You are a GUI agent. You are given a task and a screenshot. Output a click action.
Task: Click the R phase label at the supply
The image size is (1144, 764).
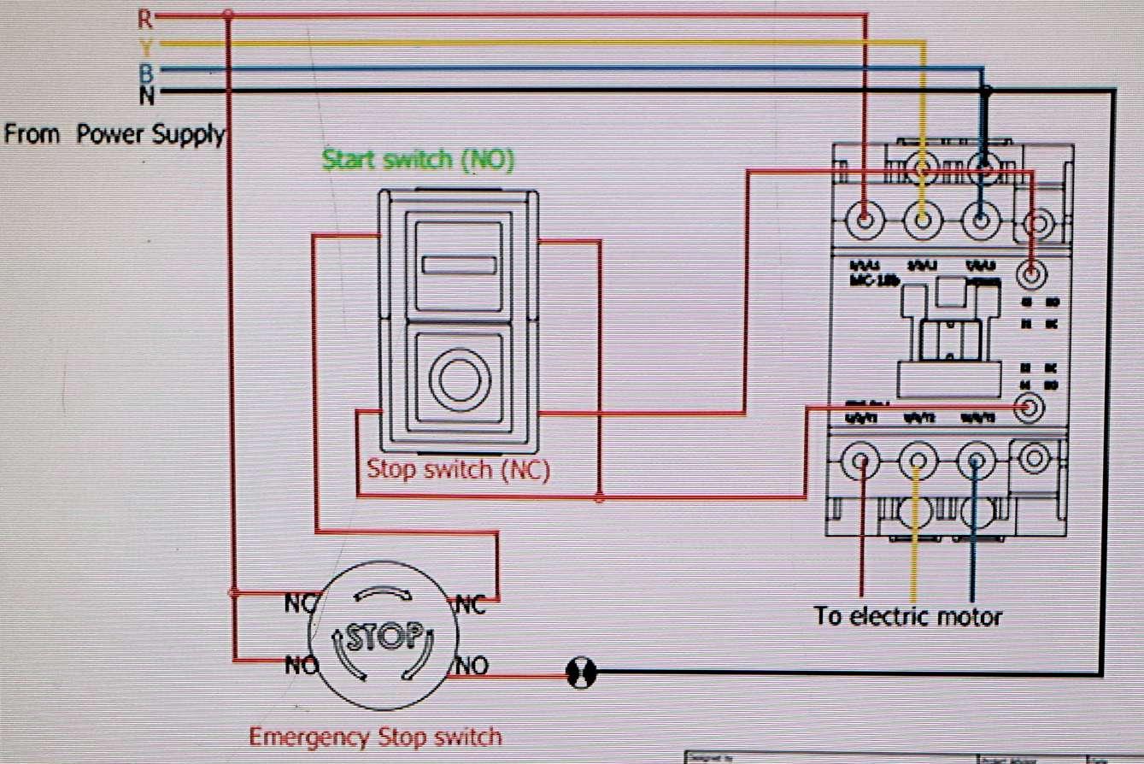[x=145, y=18]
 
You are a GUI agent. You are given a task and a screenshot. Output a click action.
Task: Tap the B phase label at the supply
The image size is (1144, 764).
[x=146, y=71]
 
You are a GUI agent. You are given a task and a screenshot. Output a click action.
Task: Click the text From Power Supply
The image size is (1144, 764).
[x=114, y=134]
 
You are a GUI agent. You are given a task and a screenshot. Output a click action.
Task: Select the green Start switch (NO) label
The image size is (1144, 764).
[x=418, y=160]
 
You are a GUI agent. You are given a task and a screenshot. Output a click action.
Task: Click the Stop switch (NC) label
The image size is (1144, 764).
[x=458, y=470]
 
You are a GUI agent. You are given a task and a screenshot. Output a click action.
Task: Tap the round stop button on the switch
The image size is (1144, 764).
[x=459, y=377]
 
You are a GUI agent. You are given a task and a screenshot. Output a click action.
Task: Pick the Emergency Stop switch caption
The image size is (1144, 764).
[x=375, y=737]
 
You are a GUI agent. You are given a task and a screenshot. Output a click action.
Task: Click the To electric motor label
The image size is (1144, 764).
[x=907, y=615]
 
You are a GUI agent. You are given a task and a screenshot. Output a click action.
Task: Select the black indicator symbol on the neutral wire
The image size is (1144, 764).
[x=581, y=673]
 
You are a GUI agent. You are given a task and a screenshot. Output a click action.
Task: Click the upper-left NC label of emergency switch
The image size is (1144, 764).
[x=298, y=604]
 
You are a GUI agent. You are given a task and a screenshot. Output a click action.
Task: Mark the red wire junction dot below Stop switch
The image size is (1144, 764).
[x=600, y=497]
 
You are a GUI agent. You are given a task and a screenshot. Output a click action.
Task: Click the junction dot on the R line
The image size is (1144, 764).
[x=227, y=15]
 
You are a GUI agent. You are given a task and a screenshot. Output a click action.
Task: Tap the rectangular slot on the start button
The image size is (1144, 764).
[x=459, y=266]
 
